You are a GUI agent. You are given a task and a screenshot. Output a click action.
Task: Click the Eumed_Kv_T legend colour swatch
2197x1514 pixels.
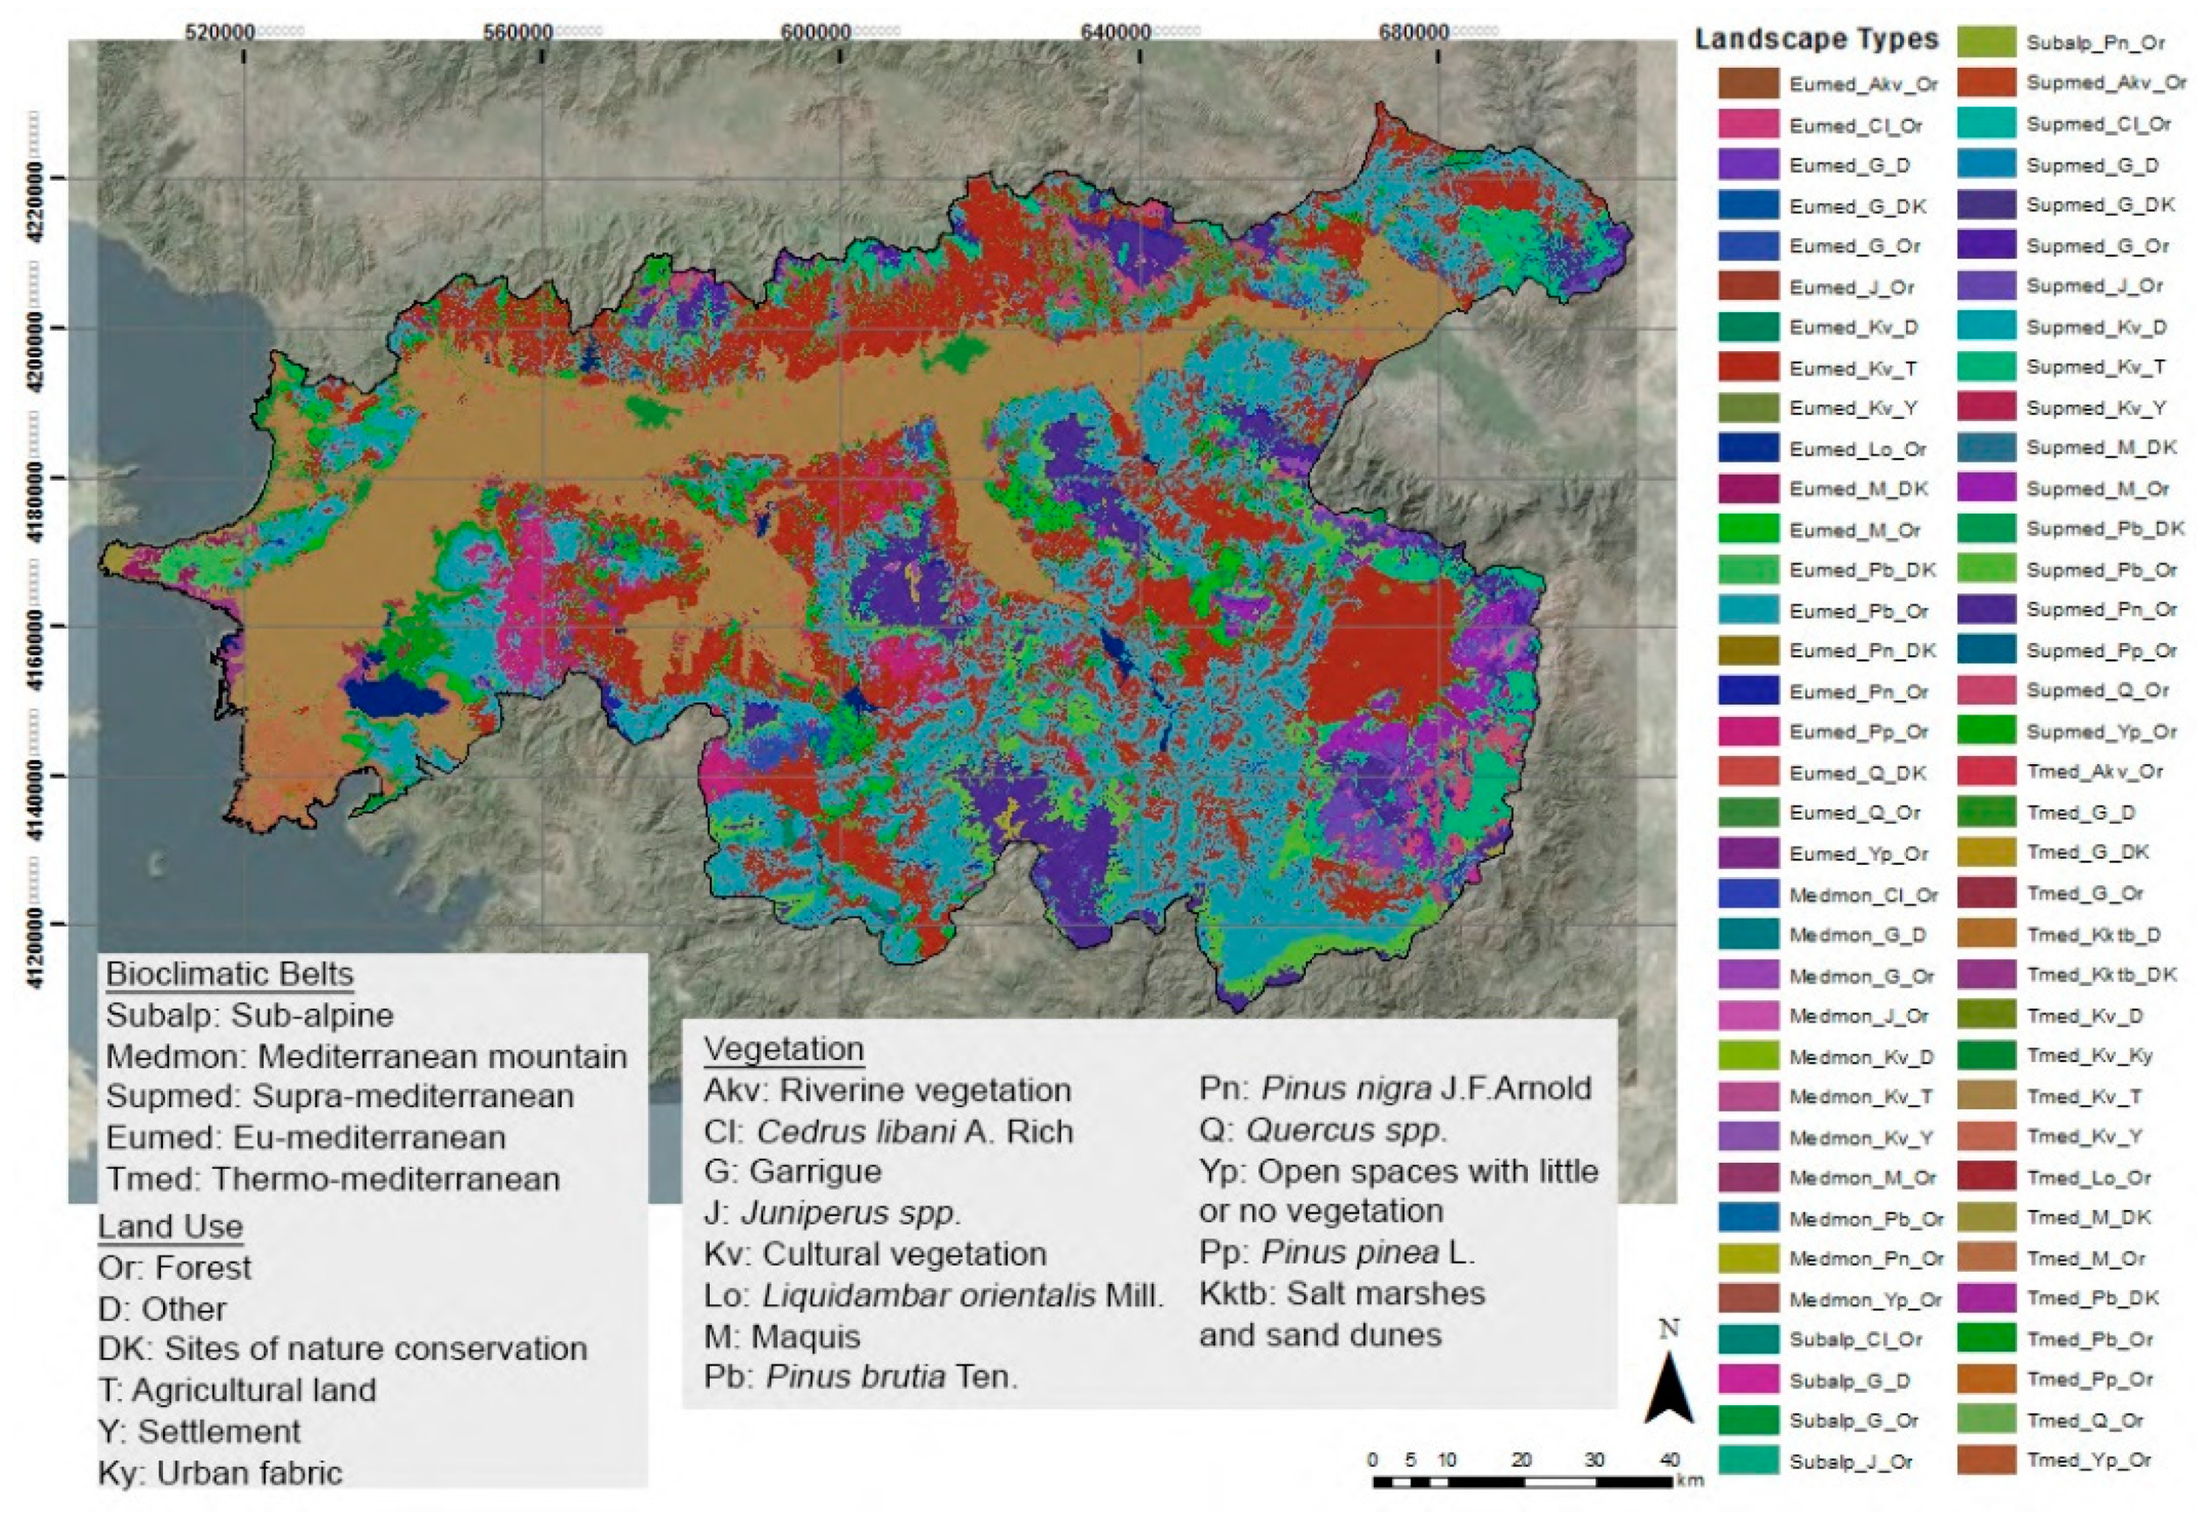(x=1747, y=367)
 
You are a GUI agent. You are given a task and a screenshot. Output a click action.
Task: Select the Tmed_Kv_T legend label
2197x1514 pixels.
(x=2082, y=1097)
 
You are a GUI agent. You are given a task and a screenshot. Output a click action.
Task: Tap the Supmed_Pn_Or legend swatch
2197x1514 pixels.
(x=1986, y=610)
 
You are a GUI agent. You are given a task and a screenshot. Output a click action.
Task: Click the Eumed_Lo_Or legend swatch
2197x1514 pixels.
(x=1747, y=449)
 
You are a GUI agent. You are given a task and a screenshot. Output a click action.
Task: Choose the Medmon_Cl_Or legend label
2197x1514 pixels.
(x=1863, y=894)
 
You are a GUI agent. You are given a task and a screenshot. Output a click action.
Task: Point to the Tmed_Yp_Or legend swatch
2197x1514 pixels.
(x=1986, y=1461)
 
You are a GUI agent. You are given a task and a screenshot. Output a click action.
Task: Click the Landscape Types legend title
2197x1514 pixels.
(x=1816, y=39)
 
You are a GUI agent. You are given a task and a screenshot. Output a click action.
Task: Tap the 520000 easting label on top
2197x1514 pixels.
(x=220, y=32)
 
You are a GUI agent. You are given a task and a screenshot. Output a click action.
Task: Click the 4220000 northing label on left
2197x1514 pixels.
(x=36, y=189)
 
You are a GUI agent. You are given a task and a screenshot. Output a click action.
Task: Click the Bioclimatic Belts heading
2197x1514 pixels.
(x=229, y=974)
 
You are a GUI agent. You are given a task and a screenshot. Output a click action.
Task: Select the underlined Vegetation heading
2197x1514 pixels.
(x=783, y=1049)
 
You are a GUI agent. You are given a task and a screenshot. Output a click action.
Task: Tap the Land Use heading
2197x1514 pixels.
(x=171, y=1227)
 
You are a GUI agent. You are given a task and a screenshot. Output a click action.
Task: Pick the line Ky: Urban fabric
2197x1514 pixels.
(x=220, y=1473)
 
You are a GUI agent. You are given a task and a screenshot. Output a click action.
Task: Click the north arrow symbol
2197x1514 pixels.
(x=1669, y=1384)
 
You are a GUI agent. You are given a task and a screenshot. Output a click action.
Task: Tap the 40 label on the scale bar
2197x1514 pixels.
(x=1670, y=1460)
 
